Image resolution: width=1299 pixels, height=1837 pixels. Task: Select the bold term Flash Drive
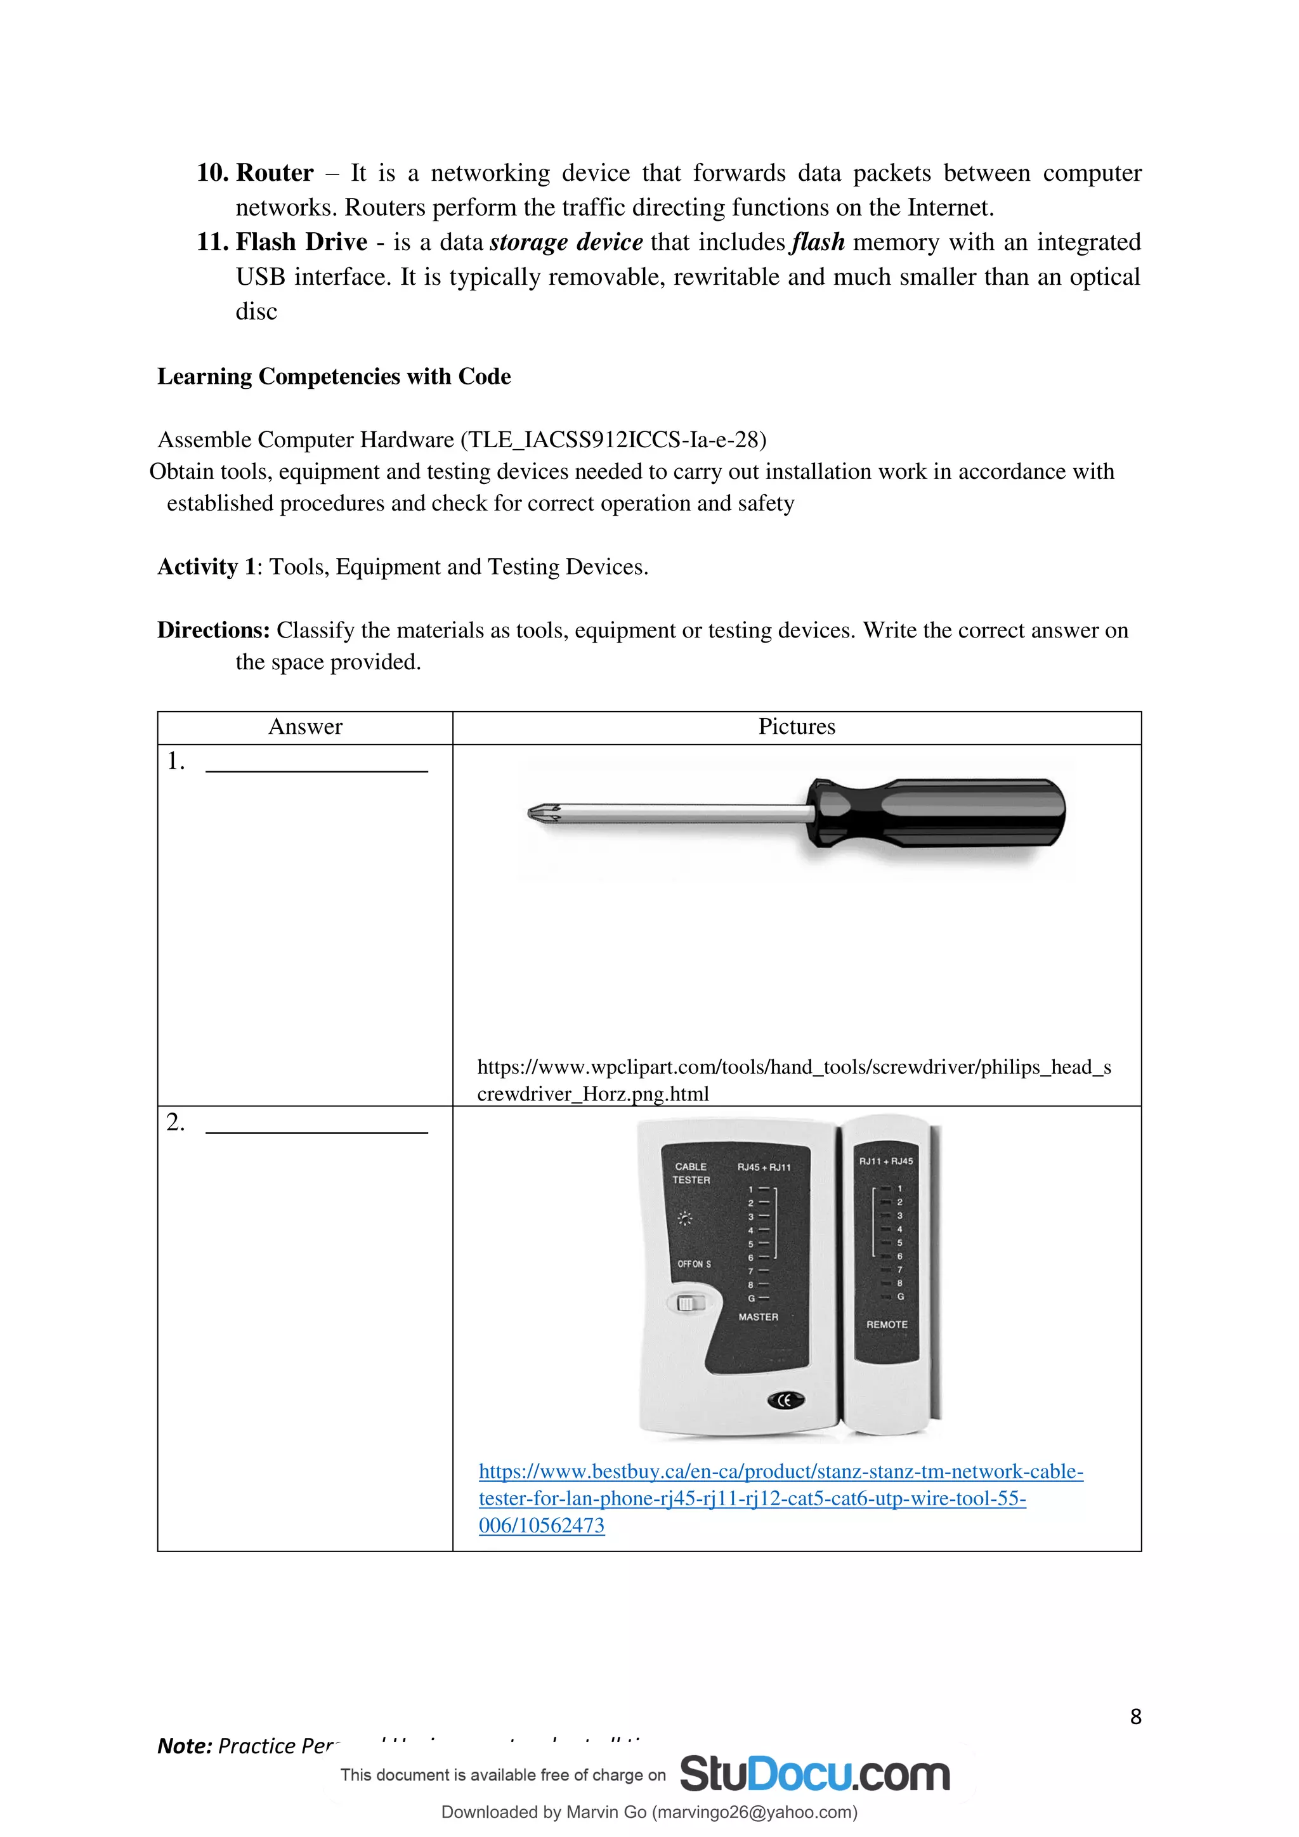click(301, 242)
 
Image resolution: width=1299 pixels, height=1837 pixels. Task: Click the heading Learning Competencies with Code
click(334, 376)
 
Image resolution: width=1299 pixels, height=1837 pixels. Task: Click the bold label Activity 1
click(206, 566)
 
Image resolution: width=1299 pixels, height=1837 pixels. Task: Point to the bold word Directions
click(212, 631)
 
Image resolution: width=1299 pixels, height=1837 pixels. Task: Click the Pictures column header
click(796, 726)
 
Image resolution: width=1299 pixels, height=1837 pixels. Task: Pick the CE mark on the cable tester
click(785, 1400)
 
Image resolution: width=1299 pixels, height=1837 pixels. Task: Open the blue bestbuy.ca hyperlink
click(780, 1472)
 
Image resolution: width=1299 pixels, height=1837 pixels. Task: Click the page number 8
click(1135, 1717)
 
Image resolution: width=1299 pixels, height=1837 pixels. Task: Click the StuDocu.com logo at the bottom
click(814, 1775)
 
